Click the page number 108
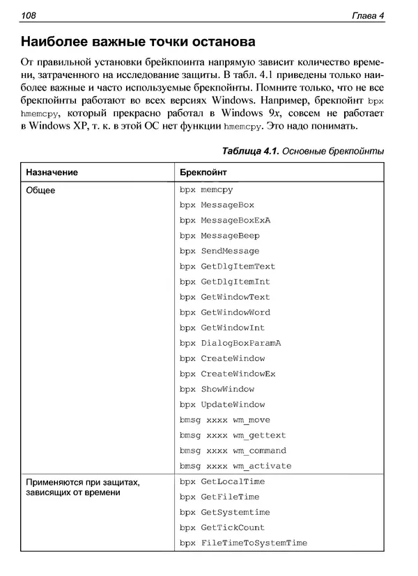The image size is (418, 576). [x=29, y=15]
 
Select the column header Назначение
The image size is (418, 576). [x=52, y=172]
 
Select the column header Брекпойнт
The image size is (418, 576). [x=203, y=172]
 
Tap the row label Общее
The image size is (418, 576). [x=41, y=189]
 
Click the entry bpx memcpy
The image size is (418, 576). [x=206, y=190]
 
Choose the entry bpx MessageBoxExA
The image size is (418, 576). [x=224, y=221]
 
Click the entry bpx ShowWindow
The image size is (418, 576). [x=217, y=390]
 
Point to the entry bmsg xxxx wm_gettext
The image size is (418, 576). [x=232, y=435]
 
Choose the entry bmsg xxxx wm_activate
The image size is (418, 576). [x=235, y=466]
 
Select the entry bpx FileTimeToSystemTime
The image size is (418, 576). [x=242, y=543]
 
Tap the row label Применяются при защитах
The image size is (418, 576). [x=83, y=482]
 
